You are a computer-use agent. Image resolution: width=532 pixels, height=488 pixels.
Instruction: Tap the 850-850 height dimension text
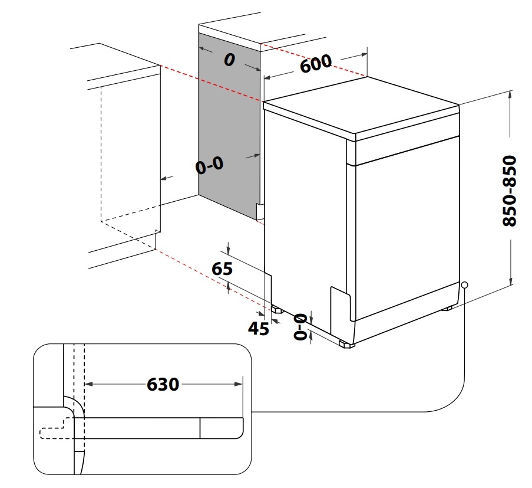[x=509, y=191]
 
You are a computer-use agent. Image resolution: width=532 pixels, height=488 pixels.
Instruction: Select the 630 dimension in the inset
[x=163, y=384]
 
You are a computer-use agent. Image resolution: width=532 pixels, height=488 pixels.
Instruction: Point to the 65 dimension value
[x=222, y=269]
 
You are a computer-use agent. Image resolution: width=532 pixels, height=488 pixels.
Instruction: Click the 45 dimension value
[x=258, y=328]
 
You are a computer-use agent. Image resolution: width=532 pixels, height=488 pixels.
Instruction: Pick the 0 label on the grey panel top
[x=229, y=60]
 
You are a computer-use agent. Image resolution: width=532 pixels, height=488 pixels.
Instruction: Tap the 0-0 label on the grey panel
[x=210, y=166]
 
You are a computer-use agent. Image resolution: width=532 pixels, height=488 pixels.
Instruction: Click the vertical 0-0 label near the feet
[x=299, y=326]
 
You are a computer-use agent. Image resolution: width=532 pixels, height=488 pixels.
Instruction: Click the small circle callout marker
[x=465, y=285]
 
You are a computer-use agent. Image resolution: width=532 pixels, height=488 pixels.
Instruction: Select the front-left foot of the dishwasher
[x=346, y=344]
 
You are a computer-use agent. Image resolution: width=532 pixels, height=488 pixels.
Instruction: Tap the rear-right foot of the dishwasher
[x=447, y=307]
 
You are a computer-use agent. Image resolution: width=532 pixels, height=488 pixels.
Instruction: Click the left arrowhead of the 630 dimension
[x=89, y=384]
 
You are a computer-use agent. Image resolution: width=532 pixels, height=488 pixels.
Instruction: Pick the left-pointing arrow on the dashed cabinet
[x=165, y=178]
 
